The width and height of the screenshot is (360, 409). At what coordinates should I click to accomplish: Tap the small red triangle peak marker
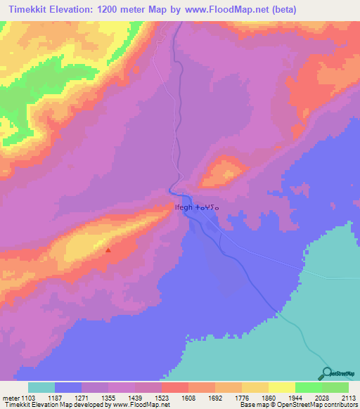(x=108, y=249)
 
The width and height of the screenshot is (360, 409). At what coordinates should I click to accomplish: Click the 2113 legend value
(x=350, y=398)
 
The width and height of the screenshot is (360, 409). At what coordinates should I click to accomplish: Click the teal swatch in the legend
(x=41, y=387)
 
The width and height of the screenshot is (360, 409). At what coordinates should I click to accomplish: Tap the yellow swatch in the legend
(x=281, y=387)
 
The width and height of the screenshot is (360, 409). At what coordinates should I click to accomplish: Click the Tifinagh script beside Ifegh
(x=208, y=208)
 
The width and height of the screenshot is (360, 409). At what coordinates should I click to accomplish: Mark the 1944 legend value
(x=297, y=398)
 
